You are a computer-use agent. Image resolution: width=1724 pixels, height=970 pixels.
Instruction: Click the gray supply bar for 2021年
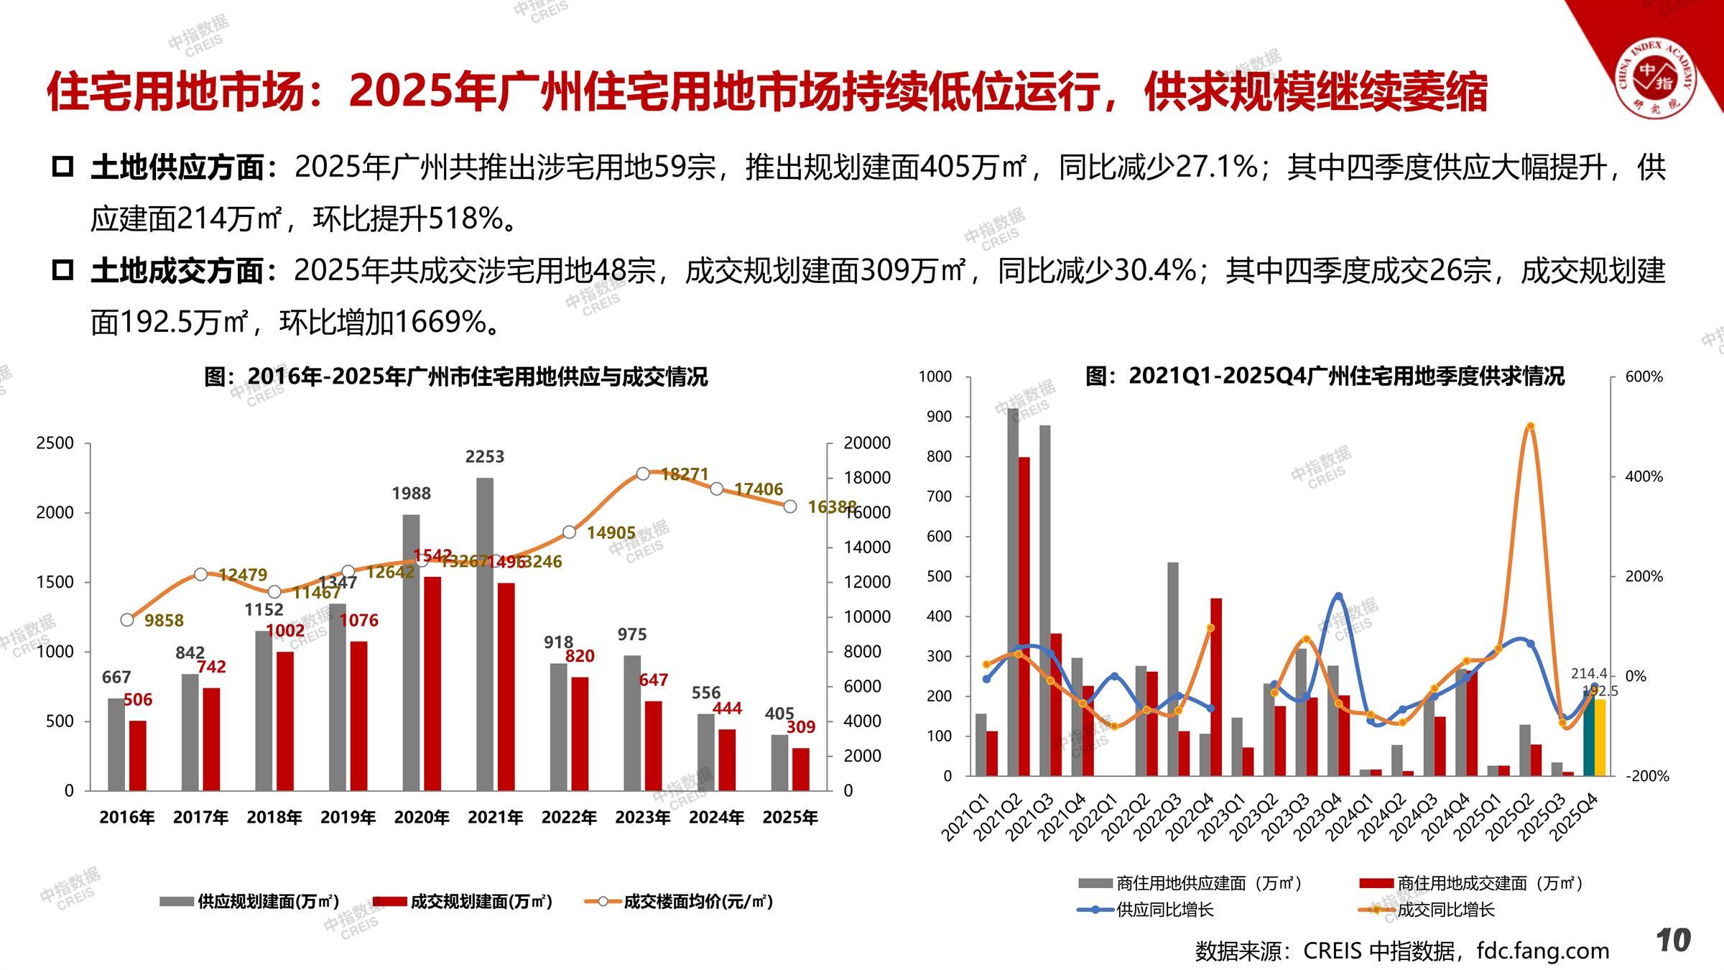click(x=485, y=632)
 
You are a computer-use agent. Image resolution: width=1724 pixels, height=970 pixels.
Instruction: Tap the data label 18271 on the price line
click(x=685, y=474)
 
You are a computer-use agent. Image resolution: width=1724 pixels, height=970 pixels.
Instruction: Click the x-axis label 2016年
click(x=126, y=818)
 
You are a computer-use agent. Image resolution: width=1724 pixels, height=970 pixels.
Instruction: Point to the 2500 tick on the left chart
click(x=55, y=443)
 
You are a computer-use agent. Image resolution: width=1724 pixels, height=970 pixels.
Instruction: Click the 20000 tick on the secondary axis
click(x=866, y=443)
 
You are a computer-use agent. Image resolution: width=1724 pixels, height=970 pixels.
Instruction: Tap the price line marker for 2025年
click(x=790, y=507)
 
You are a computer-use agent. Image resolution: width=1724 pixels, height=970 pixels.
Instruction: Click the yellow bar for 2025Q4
click(x=1600, y=736)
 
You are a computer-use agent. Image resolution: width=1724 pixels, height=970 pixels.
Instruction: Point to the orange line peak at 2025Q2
click(x=1530, y=426)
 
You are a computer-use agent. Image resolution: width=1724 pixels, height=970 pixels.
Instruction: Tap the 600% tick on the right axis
click(x=1644, y=377)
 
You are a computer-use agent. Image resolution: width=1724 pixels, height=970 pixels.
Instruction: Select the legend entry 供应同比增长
click(x=1164, y=910)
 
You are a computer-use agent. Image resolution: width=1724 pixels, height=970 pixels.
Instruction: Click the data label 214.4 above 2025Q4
click(x=1589, y=673)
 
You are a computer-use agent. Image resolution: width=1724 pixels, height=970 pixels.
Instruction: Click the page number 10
click(x=1674, y=940)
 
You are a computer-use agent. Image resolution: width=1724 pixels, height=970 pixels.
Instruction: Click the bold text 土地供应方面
click(x=177, y=167)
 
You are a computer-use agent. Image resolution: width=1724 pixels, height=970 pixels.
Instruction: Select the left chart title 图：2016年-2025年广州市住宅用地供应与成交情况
click(x=456, y=377)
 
